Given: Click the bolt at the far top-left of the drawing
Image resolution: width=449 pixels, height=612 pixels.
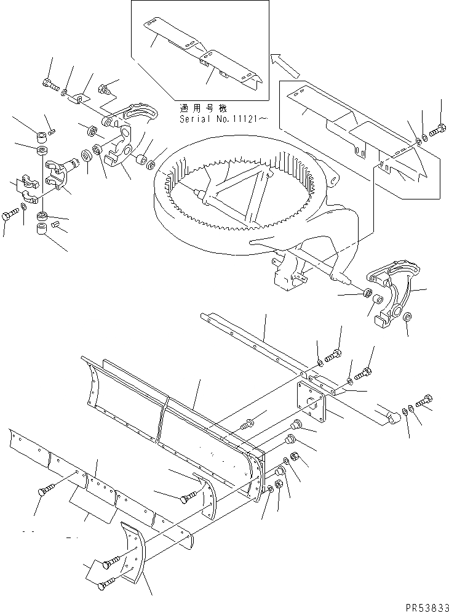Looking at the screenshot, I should [x=49, y=83].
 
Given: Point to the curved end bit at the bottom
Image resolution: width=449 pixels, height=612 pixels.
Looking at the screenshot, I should [x=132, y=552].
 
